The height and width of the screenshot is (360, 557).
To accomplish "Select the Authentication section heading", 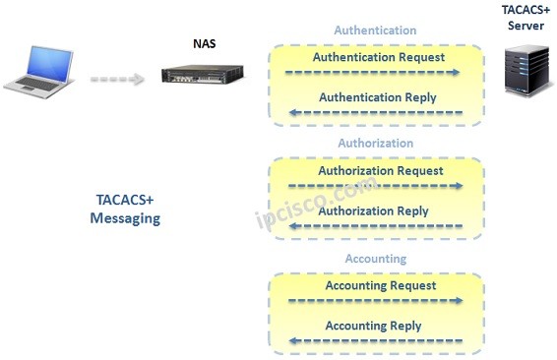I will pyautogui.click(x=375, y=30).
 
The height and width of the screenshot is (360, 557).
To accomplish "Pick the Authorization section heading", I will pyautogui.click(x=375, y=144).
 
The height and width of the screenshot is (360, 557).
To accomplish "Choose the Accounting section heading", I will pyautogui.click(x=375, y=259).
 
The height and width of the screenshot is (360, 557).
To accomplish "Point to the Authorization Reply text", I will pyautogui.click(x=373, y=210).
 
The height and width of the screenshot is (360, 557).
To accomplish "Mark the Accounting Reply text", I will pyautogui.click(x=373, y=326).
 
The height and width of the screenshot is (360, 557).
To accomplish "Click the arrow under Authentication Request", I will pyautogui.click(x=373, y=73).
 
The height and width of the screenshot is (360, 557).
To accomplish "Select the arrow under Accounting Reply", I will pyautogui.click(x=373, y=340).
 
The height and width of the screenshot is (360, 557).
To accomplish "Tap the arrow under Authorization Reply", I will pyautogui.click(x=373, y=226).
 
